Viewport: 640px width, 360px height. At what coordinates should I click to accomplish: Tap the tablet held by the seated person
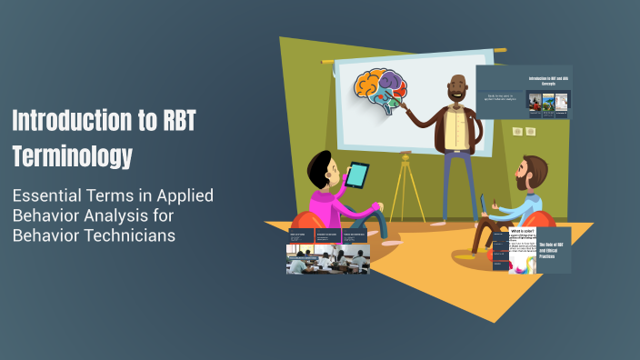[359, 175]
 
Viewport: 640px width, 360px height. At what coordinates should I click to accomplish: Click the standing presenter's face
[456, 90]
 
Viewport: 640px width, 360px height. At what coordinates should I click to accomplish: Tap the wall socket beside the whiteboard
[522, 132]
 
